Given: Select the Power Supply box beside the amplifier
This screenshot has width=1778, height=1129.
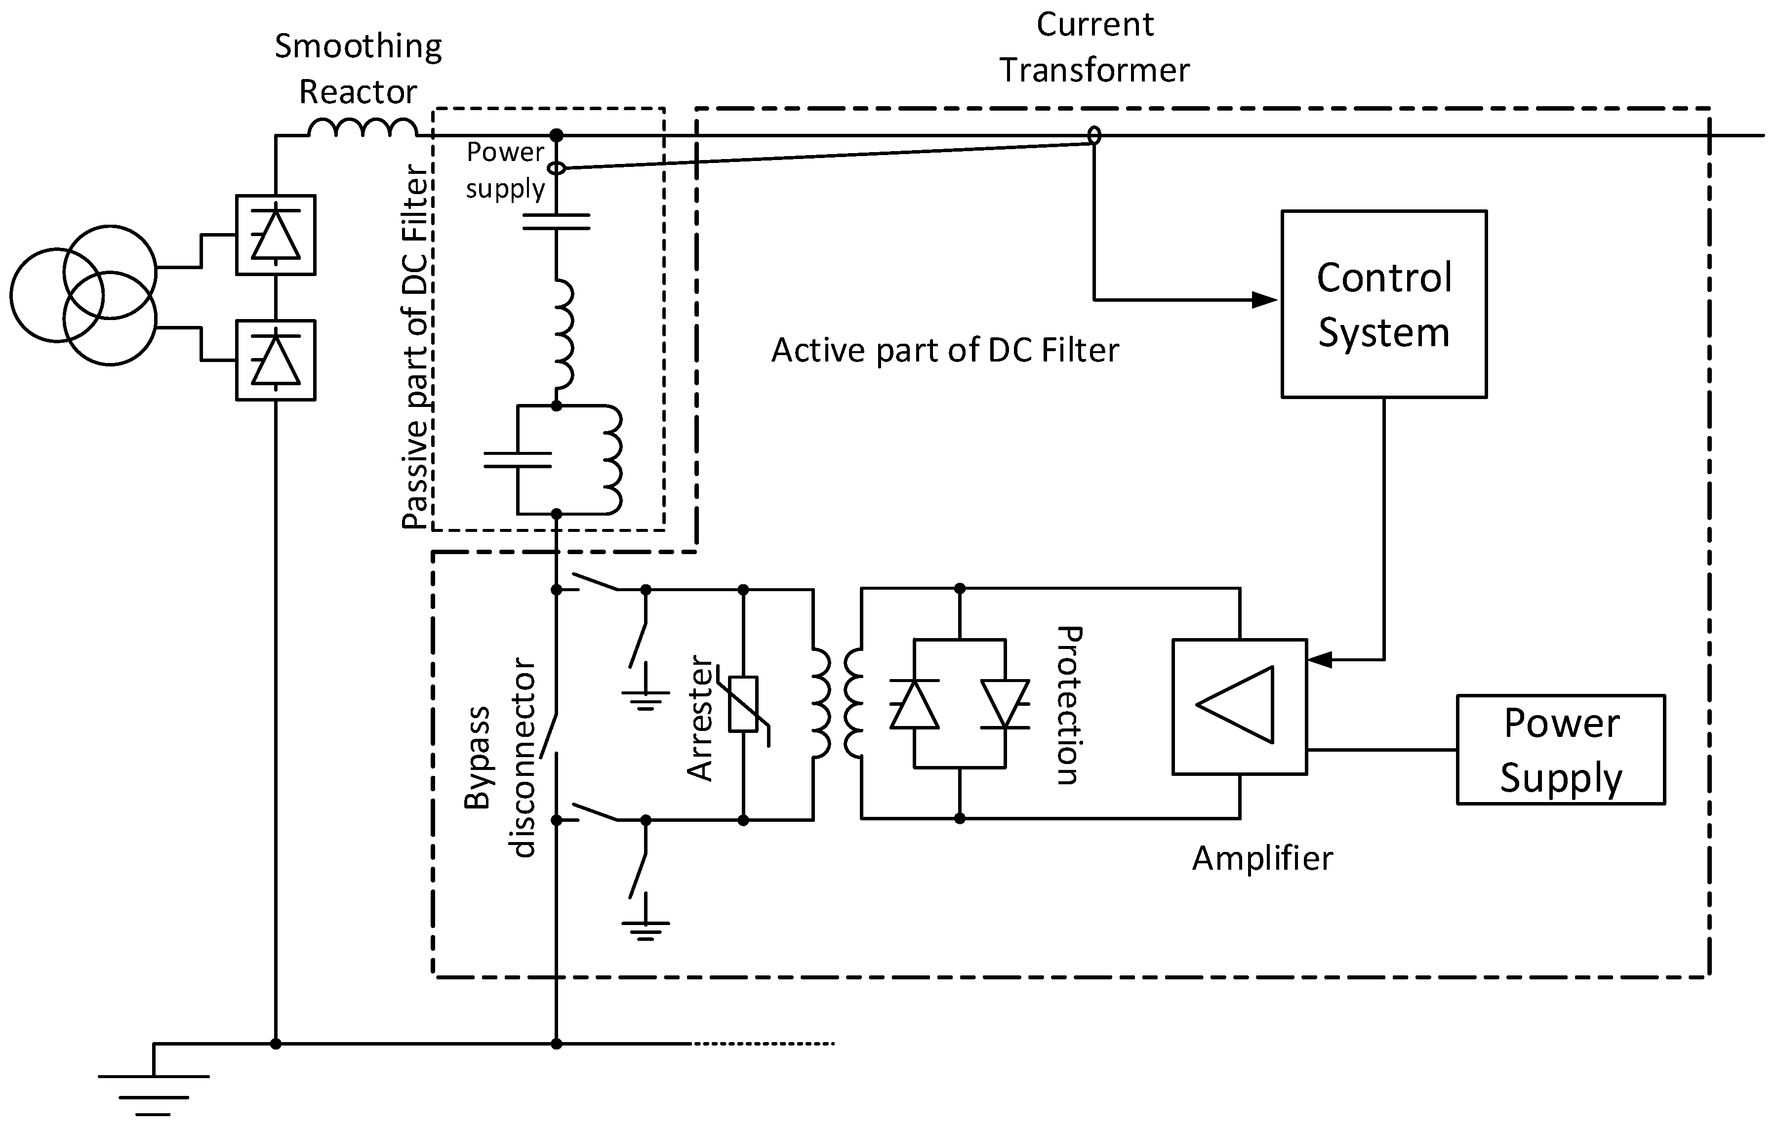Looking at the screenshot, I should click(1561, 750).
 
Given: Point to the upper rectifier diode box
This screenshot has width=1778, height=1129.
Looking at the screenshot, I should click(276, 235).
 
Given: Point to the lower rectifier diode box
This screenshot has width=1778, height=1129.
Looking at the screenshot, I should click(276, 361).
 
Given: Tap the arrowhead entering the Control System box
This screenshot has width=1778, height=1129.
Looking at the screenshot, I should click(1265, 300).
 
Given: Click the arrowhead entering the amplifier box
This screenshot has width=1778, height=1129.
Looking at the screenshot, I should click(1320, 659).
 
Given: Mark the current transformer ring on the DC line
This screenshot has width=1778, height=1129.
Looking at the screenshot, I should click(1094, 136).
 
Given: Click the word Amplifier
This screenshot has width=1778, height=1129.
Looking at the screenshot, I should click(1262, 858).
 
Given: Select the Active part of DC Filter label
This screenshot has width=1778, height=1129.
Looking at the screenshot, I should click(945, 350).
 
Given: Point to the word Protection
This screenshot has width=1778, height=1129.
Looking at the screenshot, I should click(1068, 705).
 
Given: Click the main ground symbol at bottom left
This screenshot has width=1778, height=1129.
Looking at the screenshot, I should click(154, 1089).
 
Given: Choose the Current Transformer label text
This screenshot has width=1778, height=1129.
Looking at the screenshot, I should click(1094, 47).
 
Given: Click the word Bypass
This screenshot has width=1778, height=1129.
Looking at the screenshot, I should click(477, 757).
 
